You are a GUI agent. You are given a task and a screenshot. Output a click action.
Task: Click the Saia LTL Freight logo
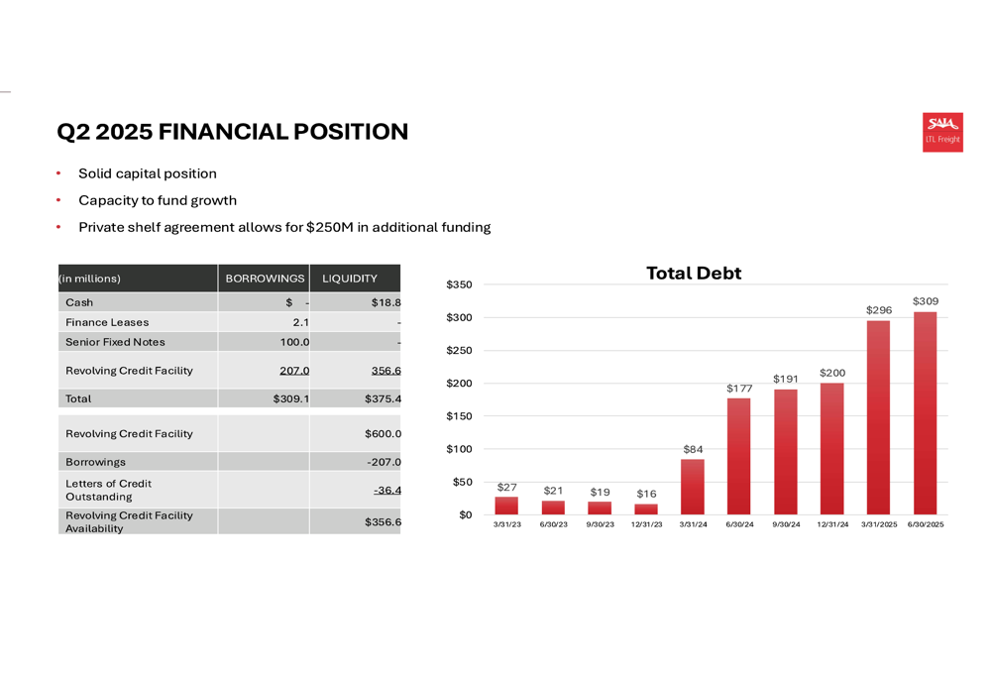tap(942, 132)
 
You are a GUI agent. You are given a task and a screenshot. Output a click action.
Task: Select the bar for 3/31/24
tap(693, 487)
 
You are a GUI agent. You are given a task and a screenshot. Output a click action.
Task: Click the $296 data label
tap(879, 310)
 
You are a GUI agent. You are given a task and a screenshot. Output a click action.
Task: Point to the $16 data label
tap(646, 494)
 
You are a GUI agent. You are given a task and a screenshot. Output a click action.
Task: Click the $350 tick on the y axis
tap(459, 285)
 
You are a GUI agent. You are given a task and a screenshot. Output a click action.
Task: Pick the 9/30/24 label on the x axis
tap(786, 524)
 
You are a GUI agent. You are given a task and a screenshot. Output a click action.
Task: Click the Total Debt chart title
tap(694, 274)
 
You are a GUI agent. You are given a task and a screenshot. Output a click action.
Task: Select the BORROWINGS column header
tap(265, 279)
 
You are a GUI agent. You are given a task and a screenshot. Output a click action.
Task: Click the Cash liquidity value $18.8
tap(385, 302)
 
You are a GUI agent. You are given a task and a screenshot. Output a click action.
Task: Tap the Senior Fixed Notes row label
tap(115, 342)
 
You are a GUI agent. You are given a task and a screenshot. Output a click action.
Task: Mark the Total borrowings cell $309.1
tap(291, 398)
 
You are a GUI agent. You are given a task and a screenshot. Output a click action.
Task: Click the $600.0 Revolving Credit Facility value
tap(385, 433)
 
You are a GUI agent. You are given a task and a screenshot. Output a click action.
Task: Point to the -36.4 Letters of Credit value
tap(386, 490)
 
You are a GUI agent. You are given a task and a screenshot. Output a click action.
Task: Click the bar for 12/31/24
tap(832, 449)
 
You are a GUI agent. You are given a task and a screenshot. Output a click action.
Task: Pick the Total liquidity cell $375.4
tap(385, 398)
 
